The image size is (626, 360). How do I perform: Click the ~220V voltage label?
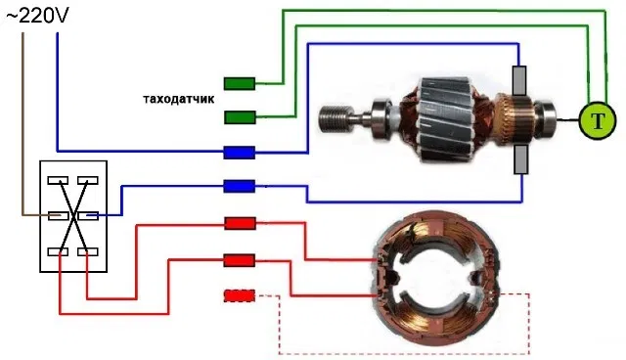pyautogui.click(x=37, y=16)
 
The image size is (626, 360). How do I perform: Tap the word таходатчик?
pyautogui.click(x=178, y=99)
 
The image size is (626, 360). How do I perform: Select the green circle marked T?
pyautogui.click(x=598, y=120)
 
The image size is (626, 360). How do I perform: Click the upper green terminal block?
pyautogui.click(x=240, y=84)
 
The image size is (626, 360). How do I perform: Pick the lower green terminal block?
pyautogui.click(x=240, y=117)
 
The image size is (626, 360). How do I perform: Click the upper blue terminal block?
pyautogui.click(x=239, y=153)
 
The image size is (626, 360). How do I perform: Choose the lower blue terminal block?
pyautogui.click(x=239, y=187)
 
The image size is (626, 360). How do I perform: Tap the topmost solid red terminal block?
pyautogui.click(x=240, y=223)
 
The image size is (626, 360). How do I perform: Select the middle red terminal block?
pyautogui.click(x=239, y=260)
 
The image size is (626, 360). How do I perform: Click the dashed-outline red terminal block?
pyautogui.click(x=239, y=295)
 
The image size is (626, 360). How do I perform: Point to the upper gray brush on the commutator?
pyautogui.click(x=519, y=81)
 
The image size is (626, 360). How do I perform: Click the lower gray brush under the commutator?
pyautogui.click(x=520, y=159)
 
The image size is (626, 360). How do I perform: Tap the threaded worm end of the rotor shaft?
pyautogui.click(x=334, y=117)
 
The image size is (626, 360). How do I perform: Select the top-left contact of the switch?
pyautogui.click(x=58, y=180)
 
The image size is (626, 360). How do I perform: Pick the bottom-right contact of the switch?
pyautogui.click(x=88, y=251)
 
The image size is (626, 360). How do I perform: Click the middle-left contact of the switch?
pyautogui.click(x=58, y=216)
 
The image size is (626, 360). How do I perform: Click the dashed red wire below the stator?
pyautogui.click(x=403, y=353)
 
